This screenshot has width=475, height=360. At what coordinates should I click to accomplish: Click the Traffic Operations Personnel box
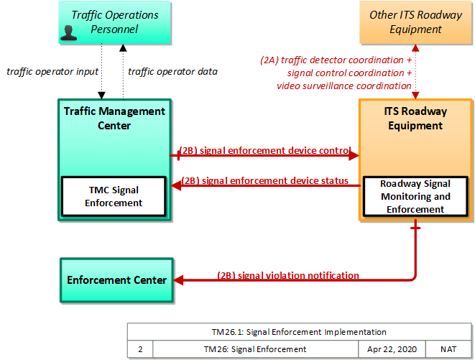115,22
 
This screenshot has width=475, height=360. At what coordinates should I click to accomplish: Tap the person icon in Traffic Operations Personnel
68,33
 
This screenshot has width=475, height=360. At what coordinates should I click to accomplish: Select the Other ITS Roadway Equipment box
415,22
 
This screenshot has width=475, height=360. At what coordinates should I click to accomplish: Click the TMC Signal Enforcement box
114,196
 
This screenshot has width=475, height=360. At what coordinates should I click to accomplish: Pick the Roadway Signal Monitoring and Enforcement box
415,196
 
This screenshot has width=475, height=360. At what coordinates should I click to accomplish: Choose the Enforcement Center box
117,280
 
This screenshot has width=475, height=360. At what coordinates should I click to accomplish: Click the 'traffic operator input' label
52,72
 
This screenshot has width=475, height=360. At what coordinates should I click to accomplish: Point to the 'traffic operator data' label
172,72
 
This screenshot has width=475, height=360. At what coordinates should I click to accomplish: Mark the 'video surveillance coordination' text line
343,86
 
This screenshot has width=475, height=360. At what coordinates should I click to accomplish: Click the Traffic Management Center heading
114,119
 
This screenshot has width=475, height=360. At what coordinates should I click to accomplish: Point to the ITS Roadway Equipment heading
415,119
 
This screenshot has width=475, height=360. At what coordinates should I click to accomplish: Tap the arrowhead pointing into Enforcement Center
178,280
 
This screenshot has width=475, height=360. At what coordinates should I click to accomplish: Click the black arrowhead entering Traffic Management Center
101,96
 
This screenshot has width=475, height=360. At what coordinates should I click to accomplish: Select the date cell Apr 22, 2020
392,349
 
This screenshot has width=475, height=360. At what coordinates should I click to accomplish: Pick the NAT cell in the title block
448,349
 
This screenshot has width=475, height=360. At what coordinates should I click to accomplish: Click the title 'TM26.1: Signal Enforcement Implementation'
299,332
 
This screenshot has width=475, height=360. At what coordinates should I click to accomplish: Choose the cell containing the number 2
140,349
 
